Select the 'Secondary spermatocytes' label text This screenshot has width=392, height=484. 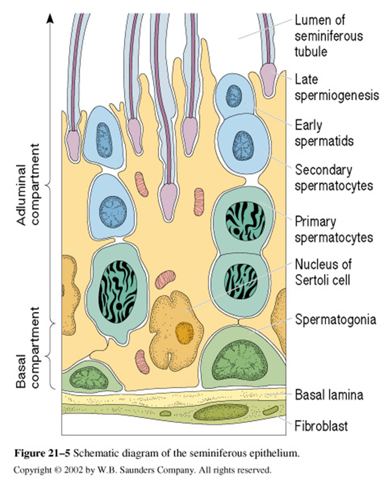click(334, 178)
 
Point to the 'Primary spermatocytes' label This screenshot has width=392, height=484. click(334, 230)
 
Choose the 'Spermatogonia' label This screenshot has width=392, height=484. click(336, 320)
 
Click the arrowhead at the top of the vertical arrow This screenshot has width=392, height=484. click(51, 18)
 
